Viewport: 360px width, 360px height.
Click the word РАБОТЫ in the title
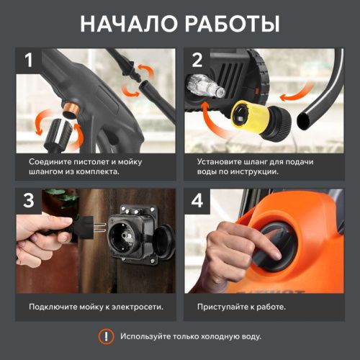(231, 23)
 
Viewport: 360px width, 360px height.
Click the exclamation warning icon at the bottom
(106, 336)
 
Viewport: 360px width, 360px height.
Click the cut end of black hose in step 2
(312, 114)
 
